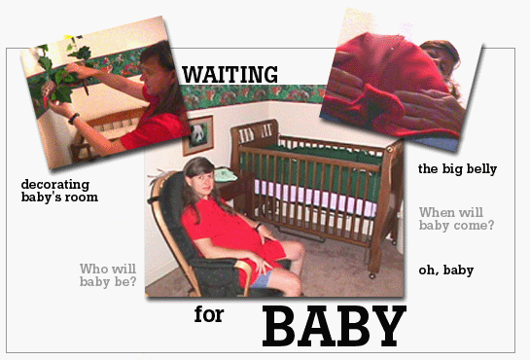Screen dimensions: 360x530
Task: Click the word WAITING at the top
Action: [x=230, y=73]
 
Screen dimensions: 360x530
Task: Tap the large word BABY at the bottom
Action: [x=333, y=325]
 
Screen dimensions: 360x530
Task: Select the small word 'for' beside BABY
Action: [x=206, y=315]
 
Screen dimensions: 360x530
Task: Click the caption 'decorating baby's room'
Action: [x=59, y=190]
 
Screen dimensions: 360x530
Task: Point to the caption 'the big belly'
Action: [x=457, y=168]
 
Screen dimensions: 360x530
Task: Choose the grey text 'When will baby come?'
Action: [x=456, y=219]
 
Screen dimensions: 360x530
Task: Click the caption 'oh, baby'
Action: [x=445, y=270]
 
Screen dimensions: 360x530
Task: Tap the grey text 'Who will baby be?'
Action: [x=107, y=275]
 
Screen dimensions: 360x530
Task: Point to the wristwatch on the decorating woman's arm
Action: [x=71, y=118]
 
